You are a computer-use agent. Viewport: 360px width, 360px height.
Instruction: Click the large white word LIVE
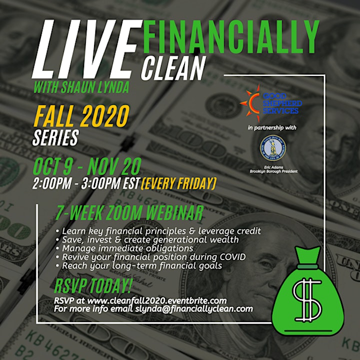[87, 49]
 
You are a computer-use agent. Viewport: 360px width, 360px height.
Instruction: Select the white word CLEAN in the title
[173, 68]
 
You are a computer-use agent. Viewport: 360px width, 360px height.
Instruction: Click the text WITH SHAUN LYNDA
[81, 87]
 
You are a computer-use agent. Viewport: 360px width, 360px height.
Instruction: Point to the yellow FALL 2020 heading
[81, 116]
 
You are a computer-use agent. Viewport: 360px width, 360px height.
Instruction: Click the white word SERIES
[56, 138]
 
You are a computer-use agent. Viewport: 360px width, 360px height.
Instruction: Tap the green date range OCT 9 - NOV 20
[87, 166]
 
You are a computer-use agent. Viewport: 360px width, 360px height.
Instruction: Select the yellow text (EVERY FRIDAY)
[178, 183]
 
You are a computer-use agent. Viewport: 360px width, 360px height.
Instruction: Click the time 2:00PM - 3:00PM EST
[86, 183]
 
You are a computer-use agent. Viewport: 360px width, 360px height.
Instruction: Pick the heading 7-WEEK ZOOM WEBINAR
[129, 213]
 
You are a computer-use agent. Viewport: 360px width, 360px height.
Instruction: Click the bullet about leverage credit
[158, 231]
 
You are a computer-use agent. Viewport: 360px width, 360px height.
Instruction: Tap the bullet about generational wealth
[147, 240]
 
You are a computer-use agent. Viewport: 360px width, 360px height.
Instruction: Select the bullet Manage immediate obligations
[124, 248]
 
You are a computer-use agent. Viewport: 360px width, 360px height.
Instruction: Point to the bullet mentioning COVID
[151, 257]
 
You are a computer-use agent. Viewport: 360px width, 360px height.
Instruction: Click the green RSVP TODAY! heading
[93, 285]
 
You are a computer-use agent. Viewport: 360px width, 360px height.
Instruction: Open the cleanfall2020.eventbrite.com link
[157, 300]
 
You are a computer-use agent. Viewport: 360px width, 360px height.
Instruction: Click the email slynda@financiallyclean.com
[194, 309]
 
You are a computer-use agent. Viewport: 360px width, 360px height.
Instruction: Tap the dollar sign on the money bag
[306, 300]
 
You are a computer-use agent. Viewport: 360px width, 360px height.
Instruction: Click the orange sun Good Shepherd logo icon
[250, 103]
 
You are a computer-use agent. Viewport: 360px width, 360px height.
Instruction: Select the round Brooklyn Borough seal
[273, 148]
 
